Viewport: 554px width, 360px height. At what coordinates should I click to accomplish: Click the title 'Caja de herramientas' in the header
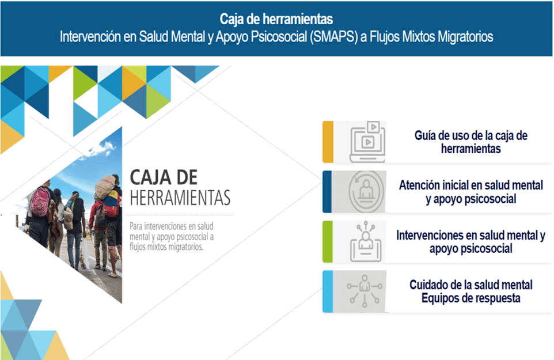tap(276, 20)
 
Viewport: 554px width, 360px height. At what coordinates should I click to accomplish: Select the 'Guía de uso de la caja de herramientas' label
tap(470, 142)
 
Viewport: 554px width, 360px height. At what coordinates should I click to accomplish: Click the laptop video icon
tap(367, 142)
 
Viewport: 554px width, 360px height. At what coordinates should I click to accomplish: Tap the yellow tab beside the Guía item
tap(328, 142)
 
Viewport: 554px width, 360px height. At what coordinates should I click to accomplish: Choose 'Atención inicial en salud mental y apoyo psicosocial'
tap(470, 192)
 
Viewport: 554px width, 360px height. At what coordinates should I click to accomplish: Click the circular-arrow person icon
tap(367, 192)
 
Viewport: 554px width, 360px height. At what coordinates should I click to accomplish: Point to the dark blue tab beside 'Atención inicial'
tap(328, 192)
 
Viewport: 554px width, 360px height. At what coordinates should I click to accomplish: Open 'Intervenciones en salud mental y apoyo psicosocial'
tap(470, 242)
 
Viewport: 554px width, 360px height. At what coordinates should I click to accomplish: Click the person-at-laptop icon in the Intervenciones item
tap(367, 242)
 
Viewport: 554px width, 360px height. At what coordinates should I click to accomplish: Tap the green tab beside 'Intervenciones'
tap(328, 242)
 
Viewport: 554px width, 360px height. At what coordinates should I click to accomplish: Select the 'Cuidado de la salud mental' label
tap(470, 285)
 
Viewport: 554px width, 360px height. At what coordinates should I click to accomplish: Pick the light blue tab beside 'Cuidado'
tap(328, 291)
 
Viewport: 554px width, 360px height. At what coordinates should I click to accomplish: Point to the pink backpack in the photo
tap(41, 201)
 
